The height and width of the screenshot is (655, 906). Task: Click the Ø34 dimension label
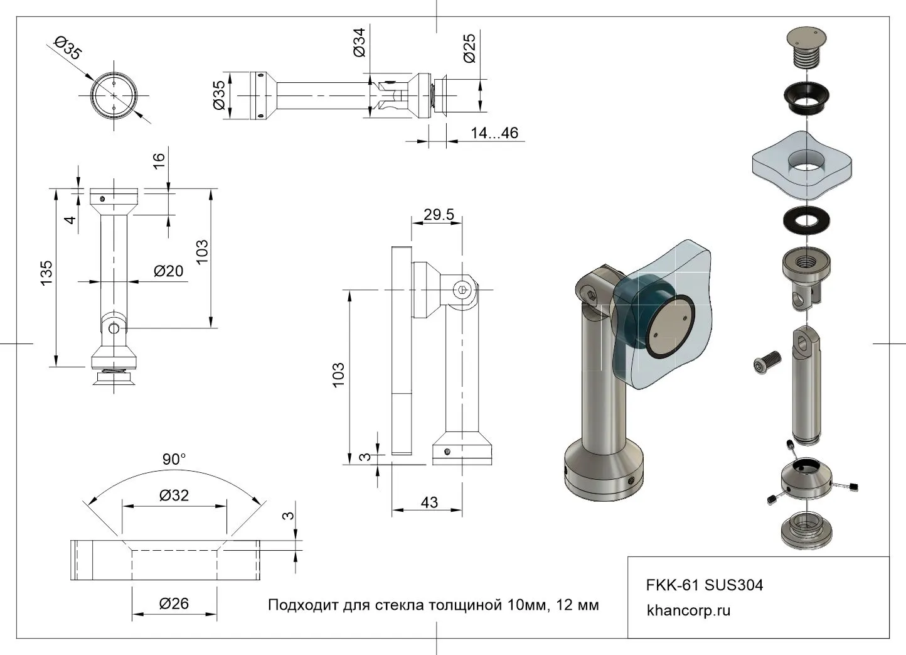coord(360,43)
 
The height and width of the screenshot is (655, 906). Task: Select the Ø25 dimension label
coord(469,48)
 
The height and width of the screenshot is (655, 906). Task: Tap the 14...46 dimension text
coord(494,133)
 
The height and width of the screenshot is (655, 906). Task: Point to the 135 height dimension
coord(46,274)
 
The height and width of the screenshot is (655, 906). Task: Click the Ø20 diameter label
coord(169,271)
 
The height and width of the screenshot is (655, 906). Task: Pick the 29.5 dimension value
coord(439,215)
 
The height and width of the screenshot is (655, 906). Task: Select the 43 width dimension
coord(429,502)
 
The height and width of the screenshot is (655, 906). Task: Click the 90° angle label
coord(174,460)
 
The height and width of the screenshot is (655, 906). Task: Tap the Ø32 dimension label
coord(174,495)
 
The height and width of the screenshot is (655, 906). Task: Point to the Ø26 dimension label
coord(174,604)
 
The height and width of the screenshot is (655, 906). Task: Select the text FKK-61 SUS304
coord(705,585)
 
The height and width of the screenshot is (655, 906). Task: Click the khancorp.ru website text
coord(688,610)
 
